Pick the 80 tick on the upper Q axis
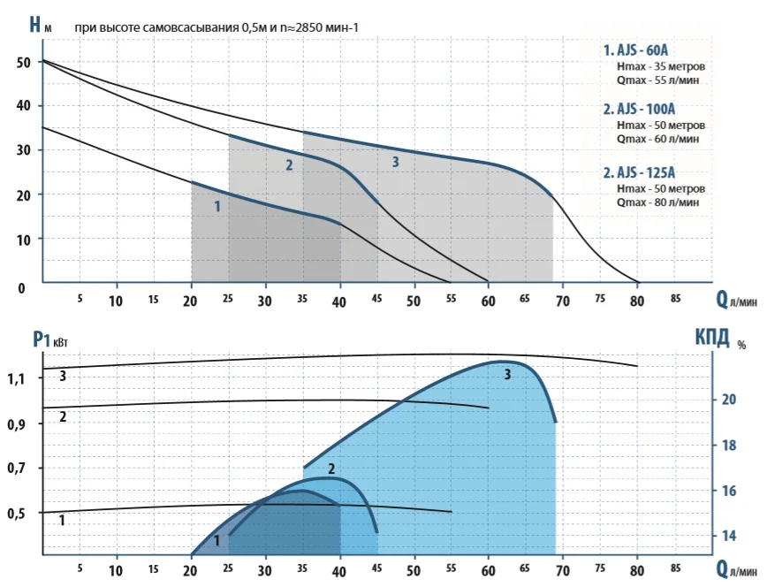[635, 301]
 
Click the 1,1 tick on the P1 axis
[19, 378]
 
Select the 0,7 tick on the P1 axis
[19, 468]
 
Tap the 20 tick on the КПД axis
[729, 400]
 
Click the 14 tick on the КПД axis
[729, 536]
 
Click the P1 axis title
[46, 337]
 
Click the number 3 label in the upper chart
[395, 162]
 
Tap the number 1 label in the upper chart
[217, 206]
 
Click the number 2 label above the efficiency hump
[331, 469]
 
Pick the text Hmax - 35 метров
[661, 66]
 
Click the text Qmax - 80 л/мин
[658, 202]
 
